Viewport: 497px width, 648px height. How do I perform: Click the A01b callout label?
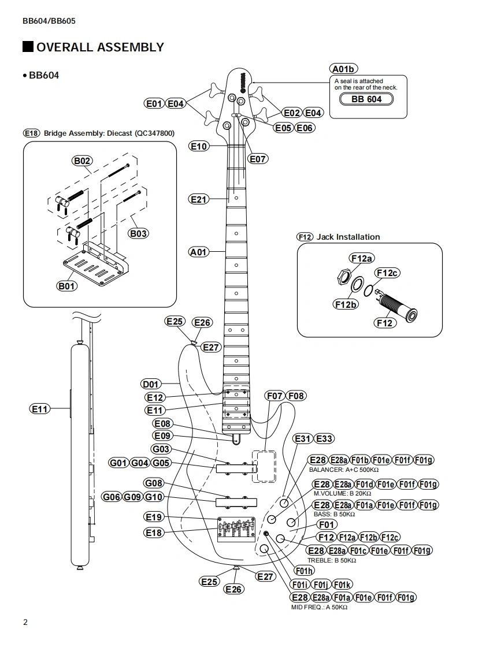pos(344,69)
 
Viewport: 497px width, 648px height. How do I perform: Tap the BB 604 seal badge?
pos(366,99)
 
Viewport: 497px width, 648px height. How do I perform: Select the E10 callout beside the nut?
pos(199,146)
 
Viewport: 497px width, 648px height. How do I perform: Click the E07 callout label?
pos(258,159)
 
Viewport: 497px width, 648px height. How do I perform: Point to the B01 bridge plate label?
pos(66,286)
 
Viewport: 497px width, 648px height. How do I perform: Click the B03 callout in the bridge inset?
pos(138,233)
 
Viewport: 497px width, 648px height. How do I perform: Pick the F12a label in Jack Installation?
pos(361,258)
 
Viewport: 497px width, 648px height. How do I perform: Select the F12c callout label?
pos(387,273)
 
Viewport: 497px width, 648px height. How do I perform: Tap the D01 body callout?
pos(150,384)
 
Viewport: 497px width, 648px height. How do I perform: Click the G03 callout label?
pos(161,449)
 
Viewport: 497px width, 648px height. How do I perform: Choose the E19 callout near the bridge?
pos(154,517)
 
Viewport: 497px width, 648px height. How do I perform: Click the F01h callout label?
pos(305,571)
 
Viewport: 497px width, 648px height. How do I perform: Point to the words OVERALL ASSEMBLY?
pos(100,47)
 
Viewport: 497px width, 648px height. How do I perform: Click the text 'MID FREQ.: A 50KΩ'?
pos(319,607)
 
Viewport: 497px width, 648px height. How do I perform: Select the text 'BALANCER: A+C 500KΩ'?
pos(344,470)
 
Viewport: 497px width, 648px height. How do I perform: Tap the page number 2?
pos(25,623)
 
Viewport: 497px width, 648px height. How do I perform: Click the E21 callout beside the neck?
pos(199,199)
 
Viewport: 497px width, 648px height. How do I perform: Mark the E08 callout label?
pos(162,423)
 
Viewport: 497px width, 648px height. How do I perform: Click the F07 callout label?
pos(275,396)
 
